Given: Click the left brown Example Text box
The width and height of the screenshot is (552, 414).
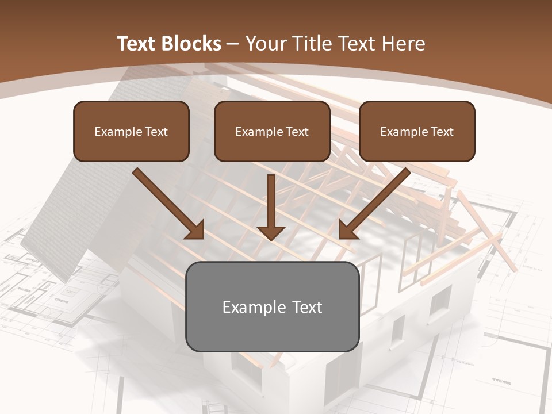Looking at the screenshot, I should [x=131, y=131].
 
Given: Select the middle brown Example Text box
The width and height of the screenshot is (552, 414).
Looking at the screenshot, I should [x=272, y=131].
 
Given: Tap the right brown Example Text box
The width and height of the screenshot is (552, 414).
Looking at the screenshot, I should [x=417, y=131].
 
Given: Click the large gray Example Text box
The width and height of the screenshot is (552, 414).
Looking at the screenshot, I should [x=272, y=306].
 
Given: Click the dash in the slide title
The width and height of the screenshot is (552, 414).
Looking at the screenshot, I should [x=233, y=44].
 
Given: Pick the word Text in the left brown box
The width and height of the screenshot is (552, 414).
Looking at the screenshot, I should [x=156, y=131].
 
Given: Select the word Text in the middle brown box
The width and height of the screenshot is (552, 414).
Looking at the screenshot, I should [x=297, y=131].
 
